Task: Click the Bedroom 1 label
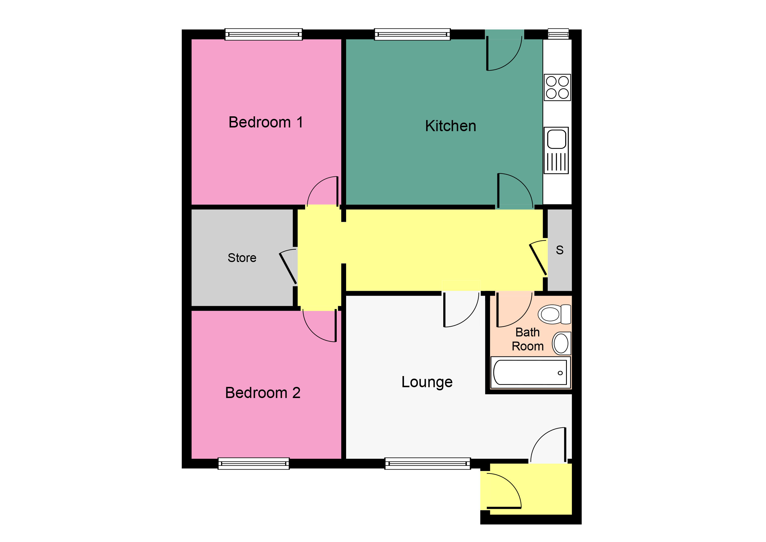coord(266,122)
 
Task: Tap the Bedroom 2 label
coord(263,393)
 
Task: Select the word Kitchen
coord(450,126)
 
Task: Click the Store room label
coord(242,258)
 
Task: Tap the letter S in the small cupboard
coord(559,250)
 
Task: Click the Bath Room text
coord(528,339)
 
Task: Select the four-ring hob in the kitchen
coord(557,88)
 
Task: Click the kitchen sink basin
coord(557,139)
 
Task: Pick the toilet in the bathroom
coord(554,314)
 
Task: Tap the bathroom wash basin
coord(561,343)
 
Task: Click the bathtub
coord(530,373)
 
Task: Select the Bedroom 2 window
coord(254,464)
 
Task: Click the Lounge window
coord(427,464)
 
